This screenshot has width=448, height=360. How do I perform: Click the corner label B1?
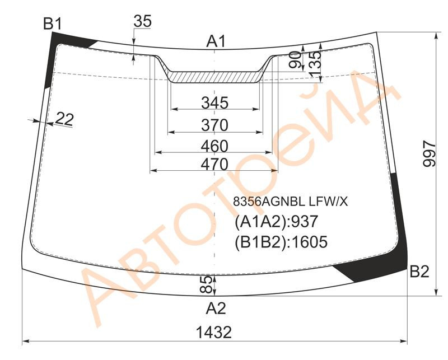[52, 24]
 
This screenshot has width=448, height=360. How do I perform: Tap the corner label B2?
[419, 272]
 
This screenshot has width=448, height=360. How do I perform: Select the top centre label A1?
[216, 42]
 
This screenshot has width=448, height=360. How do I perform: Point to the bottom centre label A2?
[216, 308]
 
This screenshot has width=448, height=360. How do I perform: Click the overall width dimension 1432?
[214, 333]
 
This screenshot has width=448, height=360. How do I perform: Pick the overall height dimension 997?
[430, 153]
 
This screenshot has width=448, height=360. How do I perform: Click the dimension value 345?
[215, 103]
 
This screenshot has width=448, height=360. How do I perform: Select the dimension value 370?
[215, 125]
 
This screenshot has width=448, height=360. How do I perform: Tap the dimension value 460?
[215, 146]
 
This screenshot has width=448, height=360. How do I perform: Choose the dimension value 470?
[215, 165]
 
